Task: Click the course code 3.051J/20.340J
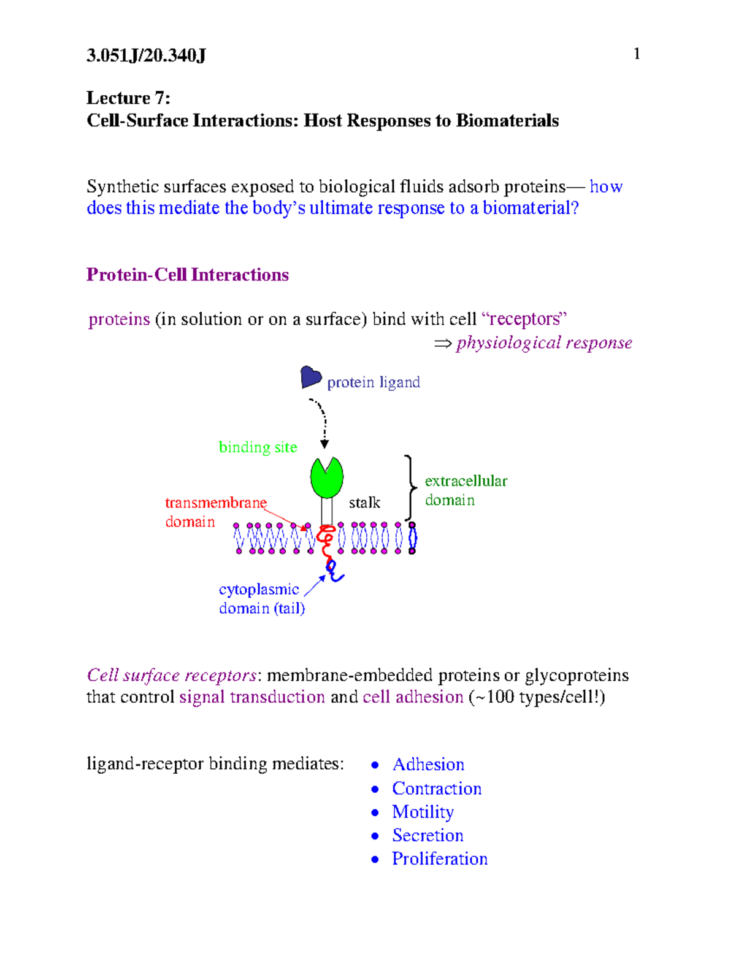pos(146,56)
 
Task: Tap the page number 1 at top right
pos(637,54)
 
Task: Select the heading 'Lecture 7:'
pos(128,98)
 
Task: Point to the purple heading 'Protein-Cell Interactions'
pos(187,274)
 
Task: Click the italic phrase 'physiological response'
pos(543,342)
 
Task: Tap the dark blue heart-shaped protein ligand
pos(310,377)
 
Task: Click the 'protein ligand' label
pos(373,382)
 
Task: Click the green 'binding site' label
pos(258,447)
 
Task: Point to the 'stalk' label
pos(364,503)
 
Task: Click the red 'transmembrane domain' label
pos(215,512)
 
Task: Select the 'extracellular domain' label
pos(466,490)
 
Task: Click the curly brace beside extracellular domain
pos(410,488)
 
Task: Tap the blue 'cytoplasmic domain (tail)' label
pos(261,598)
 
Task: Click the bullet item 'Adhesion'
pos(428,765)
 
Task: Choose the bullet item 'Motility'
pos(423,812)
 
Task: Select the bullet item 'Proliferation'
pos(439,858)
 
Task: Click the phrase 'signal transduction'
pos(251,697)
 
